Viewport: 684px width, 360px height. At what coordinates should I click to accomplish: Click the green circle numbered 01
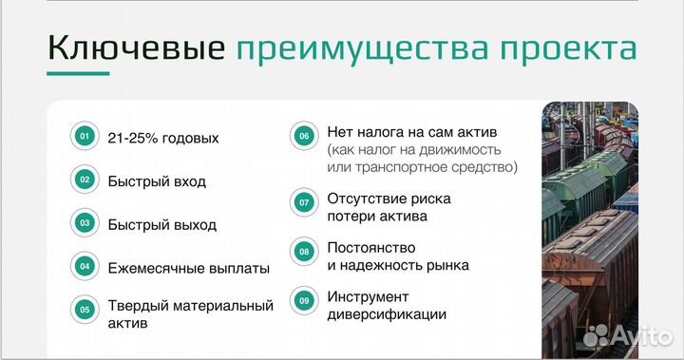click(85, 137)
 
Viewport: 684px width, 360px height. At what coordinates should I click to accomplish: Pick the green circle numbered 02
click(85, 180)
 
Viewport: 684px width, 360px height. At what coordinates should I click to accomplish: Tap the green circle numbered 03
click(85, 223)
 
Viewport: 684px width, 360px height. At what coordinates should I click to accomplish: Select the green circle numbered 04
click(85, 267)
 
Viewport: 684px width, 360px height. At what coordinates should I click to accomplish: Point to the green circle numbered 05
click(85, 309)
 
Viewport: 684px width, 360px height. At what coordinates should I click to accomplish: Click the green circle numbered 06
click(303, 136)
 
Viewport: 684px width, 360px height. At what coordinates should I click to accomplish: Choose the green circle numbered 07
click(303, 202)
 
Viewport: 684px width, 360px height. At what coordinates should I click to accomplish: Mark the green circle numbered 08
click(303, 252)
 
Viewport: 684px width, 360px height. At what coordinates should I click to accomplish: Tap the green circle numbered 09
click(303, 302)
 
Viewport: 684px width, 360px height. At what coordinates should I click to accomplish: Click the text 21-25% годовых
click(163, 138)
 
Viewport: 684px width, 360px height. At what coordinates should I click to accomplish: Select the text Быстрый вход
click(157, 180)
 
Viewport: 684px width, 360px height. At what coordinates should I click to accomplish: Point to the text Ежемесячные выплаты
click(189, 269)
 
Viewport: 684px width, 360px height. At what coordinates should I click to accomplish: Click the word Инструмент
click(368, 296)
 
